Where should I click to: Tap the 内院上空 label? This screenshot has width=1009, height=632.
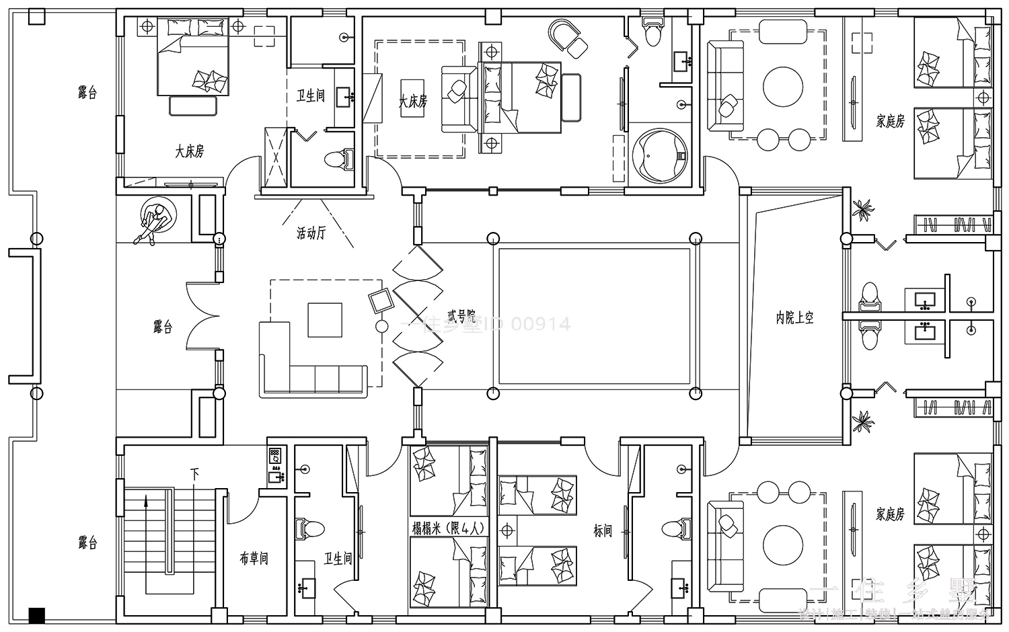tap(795, 318)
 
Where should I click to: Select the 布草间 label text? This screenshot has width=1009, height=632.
tap(254, 559)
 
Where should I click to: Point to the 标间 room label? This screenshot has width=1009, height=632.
tap(603, 531)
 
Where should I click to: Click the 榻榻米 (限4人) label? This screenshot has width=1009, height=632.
tap(448, 528)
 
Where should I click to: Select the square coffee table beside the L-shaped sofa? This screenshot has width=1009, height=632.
tap(325, 319)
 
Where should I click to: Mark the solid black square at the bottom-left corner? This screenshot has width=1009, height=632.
tap(37, 614)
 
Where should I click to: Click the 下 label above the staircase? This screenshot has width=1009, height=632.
tap(195, 475)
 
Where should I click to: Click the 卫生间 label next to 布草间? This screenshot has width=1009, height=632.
tap(337, 559)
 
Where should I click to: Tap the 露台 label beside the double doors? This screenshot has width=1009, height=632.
tap(162, 327)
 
